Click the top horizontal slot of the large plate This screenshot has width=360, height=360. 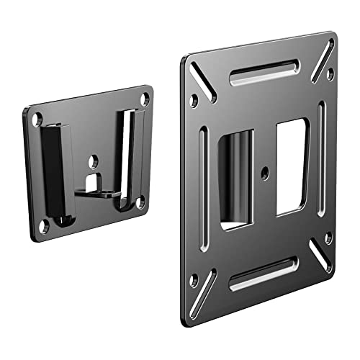pyautogui.click(x=258, y=71)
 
